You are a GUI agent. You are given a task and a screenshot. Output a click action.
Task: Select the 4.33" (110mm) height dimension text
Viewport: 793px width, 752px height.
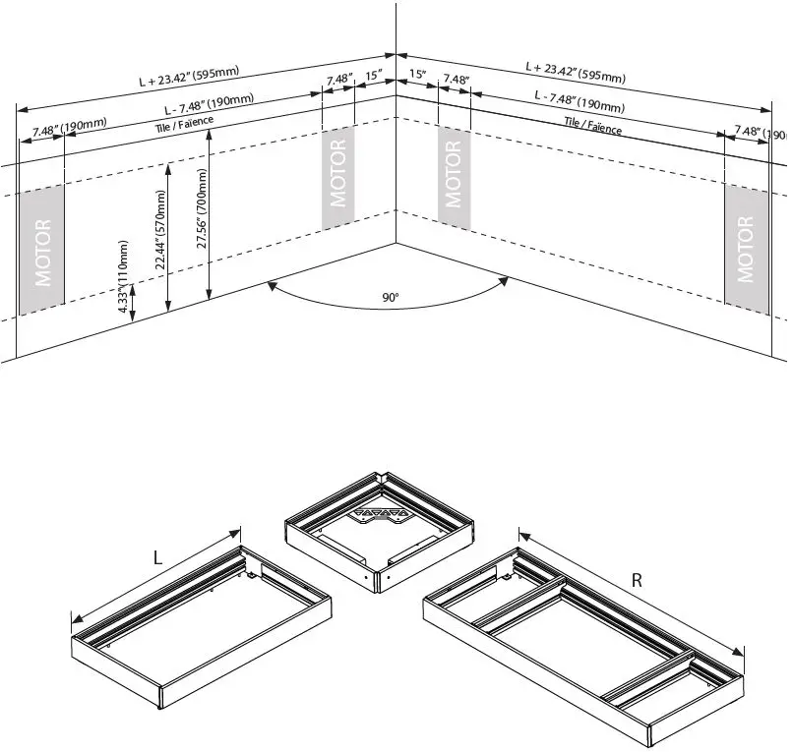tap(124, 278)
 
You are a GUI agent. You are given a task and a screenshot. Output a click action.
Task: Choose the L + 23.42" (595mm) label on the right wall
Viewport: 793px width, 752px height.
tap(576, 71)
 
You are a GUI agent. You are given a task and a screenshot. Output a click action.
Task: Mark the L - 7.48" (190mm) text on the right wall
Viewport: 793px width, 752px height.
tap(579, 101)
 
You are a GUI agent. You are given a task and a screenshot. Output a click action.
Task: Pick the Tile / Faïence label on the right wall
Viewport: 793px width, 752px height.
tap(592, 125)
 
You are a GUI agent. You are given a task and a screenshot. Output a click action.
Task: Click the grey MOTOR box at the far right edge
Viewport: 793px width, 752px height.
tap(745, 250)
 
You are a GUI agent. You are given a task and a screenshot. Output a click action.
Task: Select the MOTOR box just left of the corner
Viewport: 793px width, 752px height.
tap(338, 172)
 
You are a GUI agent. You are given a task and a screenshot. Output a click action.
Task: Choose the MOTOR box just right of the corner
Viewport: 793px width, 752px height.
tap(453, 173)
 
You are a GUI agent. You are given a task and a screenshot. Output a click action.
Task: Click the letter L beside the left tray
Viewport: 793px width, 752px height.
tap(157, 557)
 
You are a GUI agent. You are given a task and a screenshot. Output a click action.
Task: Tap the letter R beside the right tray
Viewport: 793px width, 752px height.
tap(637, 580)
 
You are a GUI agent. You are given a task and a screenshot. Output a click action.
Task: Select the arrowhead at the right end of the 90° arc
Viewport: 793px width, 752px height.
tap(503, 282)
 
